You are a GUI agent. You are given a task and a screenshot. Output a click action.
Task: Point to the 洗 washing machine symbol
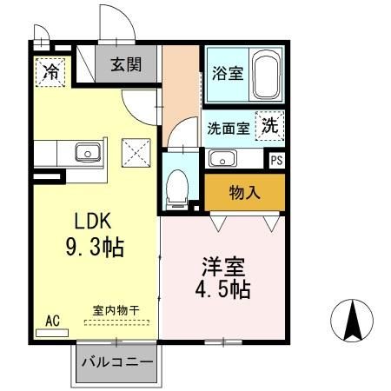pyautogui.click(x=270, y=125)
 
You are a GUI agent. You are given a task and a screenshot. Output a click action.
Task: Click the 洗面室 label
pyautogui.click(x=229, y=128)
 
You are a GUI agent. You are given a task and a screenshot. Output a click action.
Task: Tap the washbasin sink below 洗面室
pyautogui.click(x=222, y=158)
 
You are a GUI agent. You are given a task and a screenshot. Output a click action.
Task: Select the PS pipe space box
pyautogui.click(x=276, y=160)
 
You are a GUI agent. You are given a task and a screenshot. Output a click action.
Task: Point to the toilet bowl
pyautogui.click(x=178, y=186)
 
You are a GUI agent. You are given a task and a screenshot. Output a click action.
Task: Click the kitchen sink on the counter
pyautogui.click(x=88, y=154)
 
